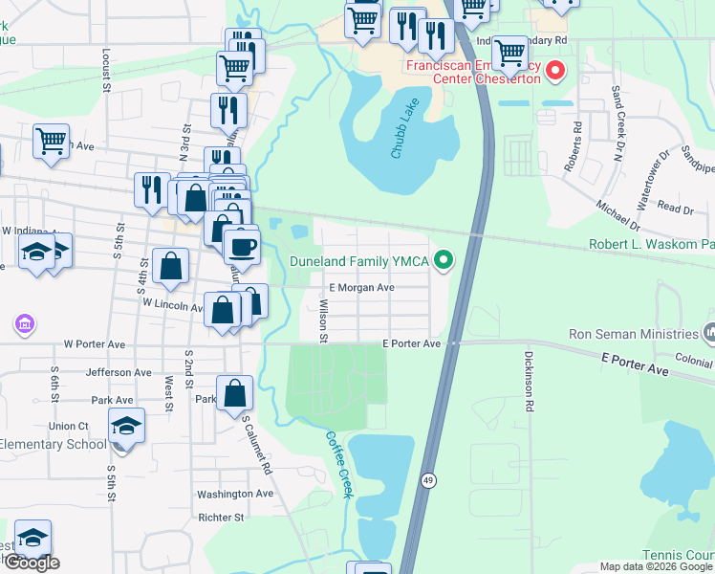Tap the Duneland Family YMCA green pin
pyautogui.click(x=443, y=259)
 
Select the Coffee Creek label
pyautogui.click(x=339, y=464)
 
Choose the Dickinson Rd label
pyautogui.click(x=528, y=381)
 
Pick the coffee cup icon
pyautogui.click(x=242, y=245)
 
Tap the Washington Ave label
pyautogui.click(x=235, y=494)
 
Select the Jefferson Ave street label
pyautogui.click(x=119, y=372)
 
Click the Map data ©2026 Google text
pyautogui.click(x=657, y=566)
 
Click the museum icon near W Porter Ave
pyautogui.click(x=22, y=325)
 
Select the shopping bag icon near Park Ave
pyautogui.click(x=234, y=393)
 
